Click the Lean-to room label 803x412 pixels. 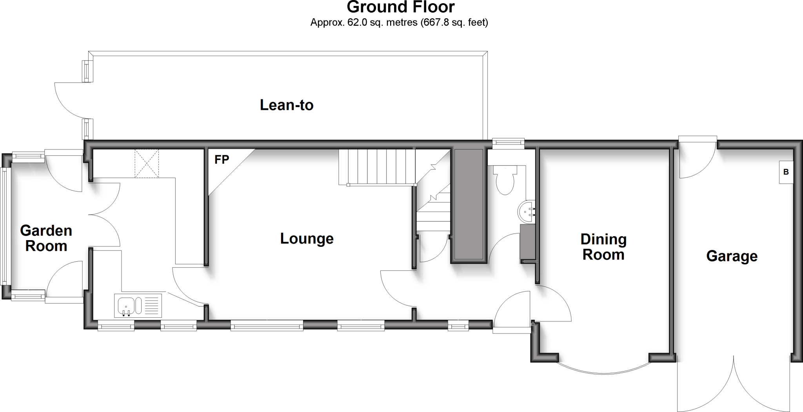pos(287,105)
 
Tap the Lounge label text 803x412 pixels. pos(307,239)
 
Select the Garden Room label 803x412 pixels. pos(46,238)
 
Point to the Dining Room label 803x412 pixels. pos(603,247)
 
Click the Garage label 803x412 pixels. pos(732,256)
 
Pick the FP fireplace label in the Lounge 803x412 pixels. pos(222,160)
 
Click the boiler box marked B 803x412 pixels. pos(786,172)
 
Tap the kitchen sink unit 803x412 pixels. pos(138,305)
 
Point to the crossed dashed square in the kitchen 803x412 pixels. pos(147,163)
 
